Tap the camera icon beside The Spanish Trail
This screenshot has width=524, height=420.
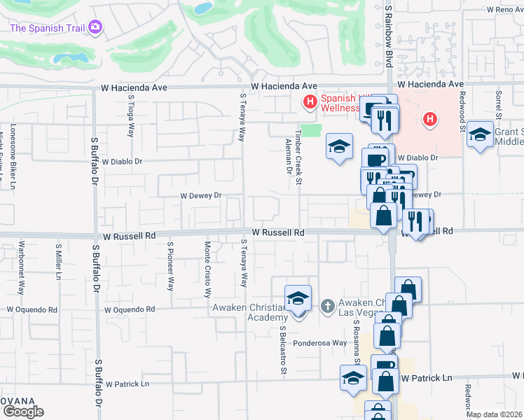tap(95, 28)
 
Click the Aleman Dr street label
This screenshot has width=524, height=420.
tap(289, 155)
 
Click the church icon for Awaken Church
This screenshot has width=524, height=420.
tap(326, 305)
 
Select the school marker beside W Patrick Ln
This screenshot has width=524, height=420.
tap(353, 379)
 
